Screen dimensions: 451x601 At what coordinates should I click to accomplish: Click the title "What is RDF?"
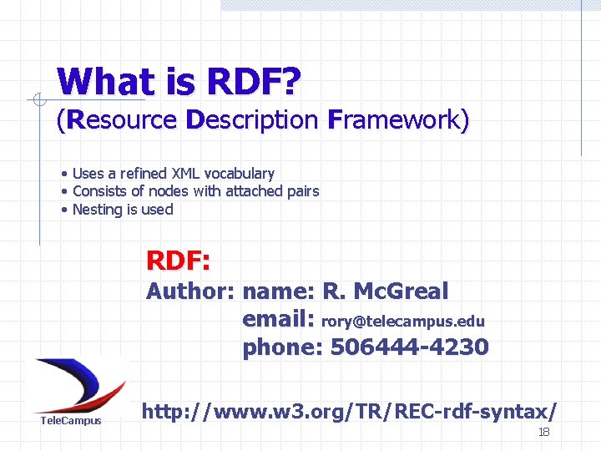[179, 82]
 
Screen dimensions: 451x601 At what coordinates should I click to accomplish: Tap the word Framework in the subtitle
[396, 119]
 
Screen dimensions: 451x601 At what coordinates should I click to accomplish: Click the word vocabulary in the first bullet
[240, 174]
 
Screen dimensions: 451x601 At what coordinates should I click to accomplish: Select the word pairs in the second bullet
[302, 191]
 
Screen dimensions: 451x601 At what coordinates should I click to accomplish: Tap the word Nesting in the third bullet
[97, 210]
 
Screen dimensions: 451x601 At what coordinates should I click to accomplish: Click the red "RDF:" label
[178, 261]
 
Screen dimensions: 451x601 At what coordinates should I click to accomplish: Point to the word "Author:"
[191, 291]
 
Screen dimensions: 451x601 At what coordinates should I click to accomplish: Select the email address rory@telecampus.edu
[402, 322]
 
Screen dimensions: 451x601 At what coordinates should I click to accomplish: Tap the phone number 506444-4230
[409, 347]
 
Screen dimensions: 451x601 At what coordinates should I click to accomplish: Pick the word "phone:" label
[282, 347]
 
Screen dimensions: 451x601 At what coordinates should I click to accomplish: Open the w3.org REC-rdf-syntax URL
[349, 411]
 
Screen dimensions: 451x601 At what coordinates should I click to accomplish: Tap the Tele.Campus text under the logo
[71, 420]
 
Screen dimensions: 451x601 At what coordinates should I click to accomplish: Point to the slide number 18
[543, 432]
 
